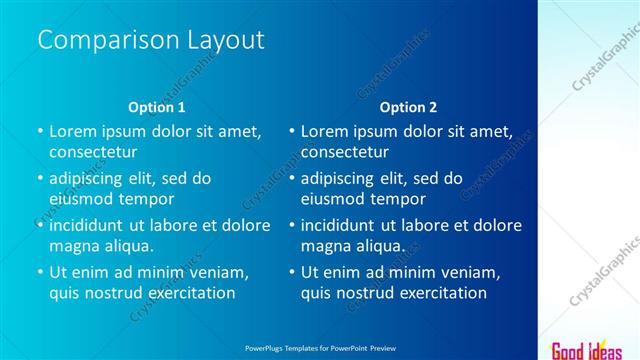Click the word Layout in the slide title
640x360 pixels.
(x=226, y=40)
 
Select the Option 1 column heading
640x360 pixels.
(x=157, y=107)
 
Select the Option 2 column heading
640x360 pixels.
(x=409, y=107)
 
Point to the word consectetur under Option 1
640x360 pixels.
(x=93, y=152)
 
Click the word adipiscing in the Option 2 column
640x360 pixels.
(x=344, y=178)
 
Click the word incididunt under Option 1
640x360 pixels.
(x=93, y=225)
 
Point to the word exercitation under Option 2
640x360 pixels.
(x=437, y=293)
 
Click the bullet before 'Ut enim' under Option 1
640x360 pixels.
(x=40, y=272)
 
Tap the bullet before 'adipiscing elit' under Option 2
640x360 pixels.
(x=292, y=178)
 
